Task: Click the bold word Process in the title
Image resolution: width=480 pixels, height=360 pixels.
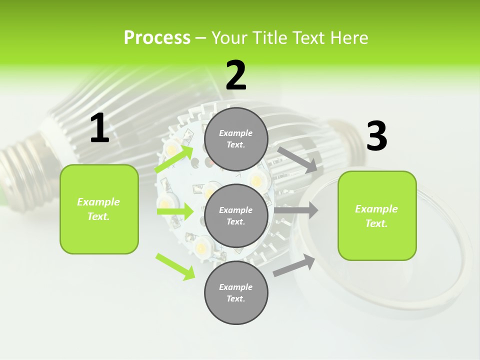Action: [157, 38]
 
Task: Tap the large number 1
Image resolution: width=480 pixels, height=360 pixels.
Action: [99, 128]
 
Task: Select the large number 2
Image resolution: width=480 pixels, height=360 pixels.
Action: [236, 75]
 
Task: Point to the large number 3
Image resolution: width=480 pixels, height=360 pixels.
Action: [376, 136]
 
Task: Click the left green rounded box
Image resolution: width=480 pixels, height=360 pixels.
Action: [99, 209]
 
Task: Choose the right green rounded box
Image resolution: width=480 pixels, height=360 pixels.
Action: [377, 215]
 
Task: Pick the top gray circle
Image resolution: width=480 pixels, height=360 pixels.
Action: [236, 139]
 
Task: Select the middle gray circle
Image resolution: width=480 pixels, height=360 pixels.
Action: [236, 215]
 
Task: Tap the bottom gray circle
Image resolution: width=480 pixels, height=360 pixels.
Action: [236, 292]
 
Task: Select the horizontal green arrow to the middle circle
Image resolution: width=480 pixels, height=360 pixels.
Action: [175, 211]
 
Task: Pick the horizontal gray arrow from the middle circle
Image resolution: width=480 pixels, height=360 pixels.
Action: [295, 210]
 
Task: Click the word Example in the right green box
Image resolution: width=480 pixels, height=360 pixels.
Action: [376, 209]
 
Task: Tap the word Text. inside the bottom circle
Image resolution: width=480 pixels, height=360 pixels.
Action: [235, 298]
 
